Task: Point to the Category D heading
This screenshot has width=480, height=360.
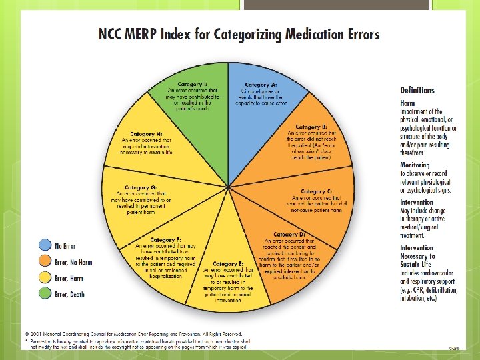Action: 289,235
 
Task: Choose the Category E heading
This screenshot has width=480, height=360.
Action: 227,264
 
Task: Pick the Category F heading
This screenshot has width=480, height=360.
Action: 165,239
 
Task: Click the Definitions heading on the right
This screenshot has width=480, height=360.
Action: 417,91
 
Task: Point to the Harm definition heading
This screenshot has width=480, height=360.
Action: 407,104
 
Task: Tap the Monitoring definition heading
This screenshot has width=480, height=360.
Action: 415,165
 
